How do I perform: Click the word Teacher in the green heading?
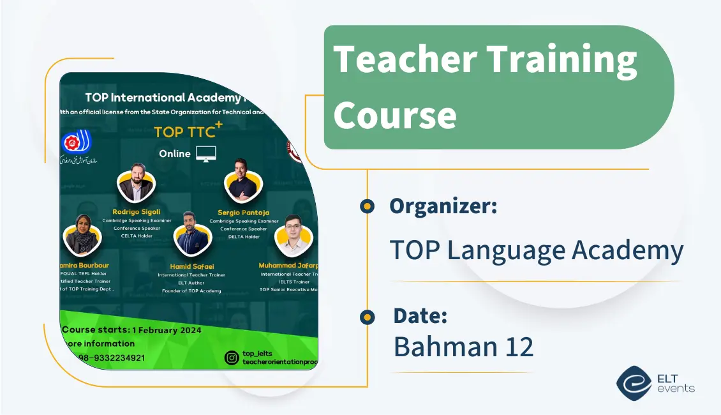tap(405, 59)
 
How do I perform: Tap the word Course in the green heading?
tap(395, 115)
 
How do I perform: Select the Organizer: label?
tap(443, 206)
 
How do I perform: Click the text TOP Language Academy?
tap(536, 250)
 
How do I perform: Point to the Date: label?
tap(420, 315)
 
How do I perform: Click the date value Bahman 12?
tap(463, 346)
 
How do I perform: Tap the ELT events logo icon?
tap(634, 382)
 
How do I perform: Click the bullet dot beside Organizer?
tap(367, 206)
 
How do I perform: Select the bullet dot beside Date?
tap(367, 317)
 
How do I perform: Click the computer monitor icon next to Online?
tap(206, 153)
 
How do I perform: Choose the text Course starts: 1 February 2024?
tap(131, 330)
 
